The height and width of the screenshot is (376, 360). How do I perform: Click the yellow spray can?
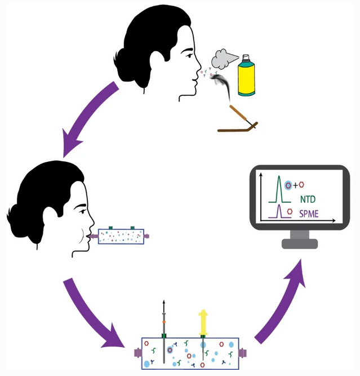pyautogui.click(x=246, y=79)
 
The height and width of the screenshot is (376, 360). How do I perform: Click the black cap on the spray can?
pyautogui.click(x=245, y=58)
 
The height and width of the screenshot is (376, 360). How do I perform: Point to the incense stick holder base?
pyautogui.click(x=237, y=129)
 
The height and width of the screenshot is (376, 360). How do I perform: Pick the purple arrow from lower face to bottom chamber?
pyautogui.click(x=93, y=313)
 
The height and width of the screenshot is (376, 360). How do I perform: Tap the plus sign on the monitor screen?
pyautogui.click(x=295, y=184)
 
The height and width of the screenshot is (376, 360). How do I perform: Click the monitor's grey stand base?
pyautogui.click(x=300, y=243)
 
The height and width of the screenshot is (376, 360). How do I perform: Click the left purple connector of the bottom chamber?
pyautogui.click(x=137, y=353)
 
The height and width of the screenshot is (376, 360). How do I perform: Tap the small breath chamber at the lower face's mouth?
pyautogui.click(x=121, y=236)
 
